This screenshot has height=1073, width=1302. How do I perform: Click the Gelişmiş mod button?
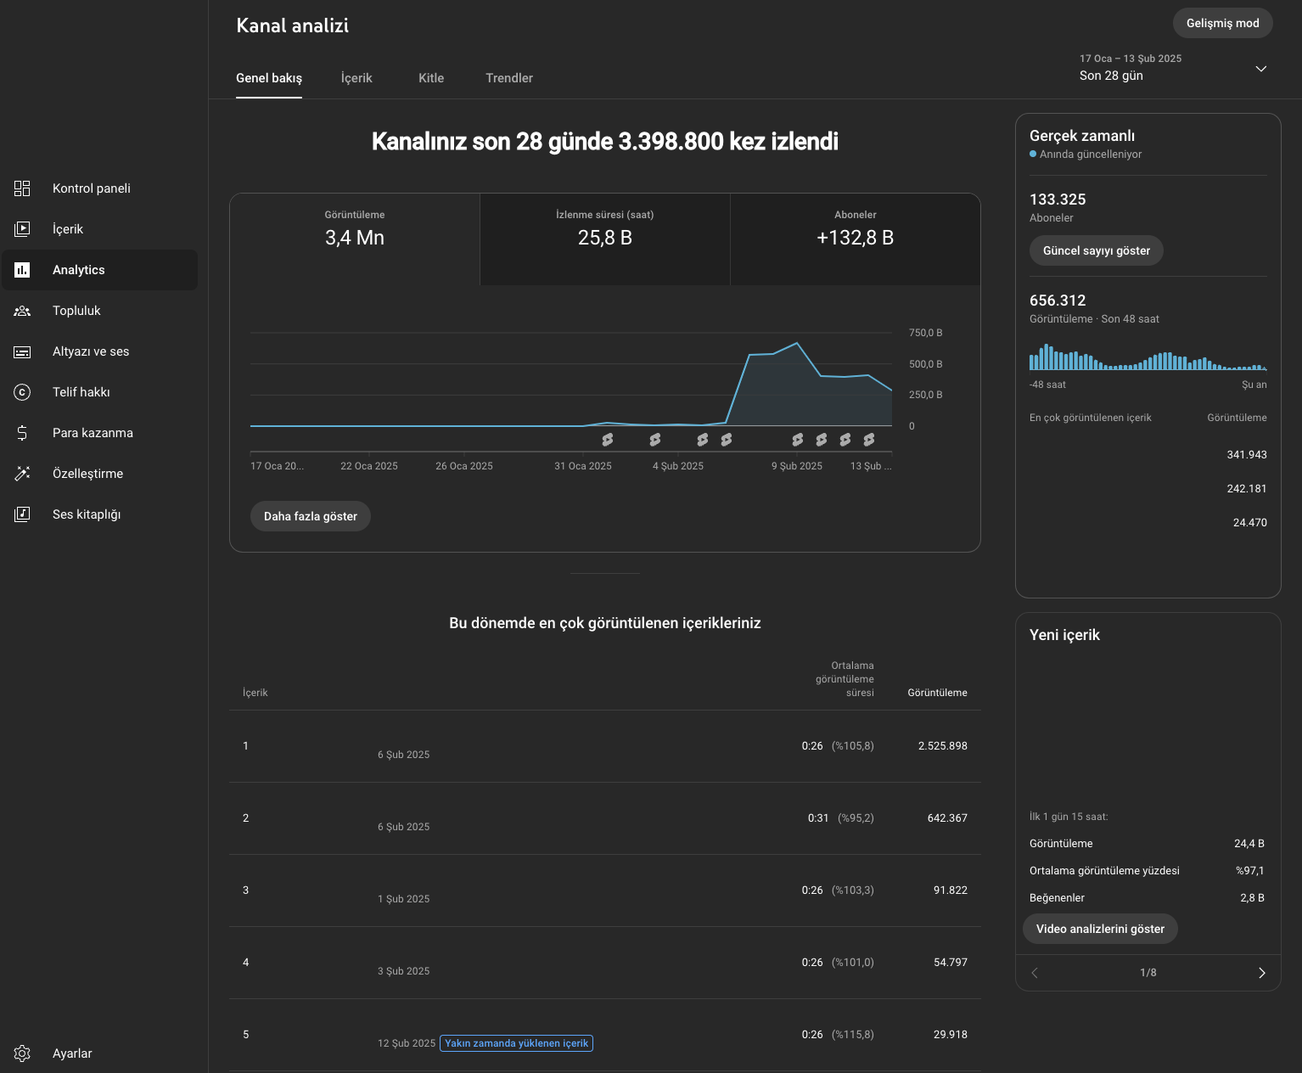click(x=1222, y=23)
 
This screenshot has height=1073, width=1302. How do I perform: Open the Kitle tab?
click(x=431, y=78)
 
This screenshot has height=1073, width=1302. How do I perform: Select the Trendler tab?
click(x=508, y=78)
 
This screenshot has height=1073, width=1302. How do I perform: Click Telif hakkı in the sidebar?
click(x=81, y=392)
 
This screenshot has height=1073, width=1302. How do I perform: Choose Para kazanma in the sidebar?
click(x=93, y=432)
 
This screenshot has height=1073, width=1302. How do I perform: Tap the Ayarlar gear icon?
click(x=22, y=1053)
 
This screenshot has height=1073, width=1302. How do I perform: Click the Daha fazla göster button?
click(x=311, y=516)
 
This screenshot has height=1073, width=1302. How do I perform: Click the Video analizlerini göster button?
click(x=1100, y=929)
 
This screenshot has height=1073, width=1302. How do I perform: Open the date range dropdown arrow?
click(x=1261, y=69)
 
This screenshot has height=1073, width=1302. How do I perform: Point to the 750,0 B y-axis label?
click(x=925, y=333)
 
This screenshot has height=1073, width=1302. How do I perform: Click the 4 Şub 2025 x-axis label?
click(x=678, y=466)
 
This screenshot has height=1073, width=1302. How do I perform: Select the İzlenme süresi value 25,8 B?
click(x=605, y=238)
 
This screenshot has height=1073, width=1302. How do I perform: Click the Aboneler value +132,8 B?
click(x=855, y=238)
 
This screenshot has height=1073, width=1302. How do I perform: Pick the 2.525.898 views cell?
click(x=943, y=745)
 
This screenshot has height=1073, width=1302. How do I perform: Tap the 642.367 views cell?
click(x=947, y=817)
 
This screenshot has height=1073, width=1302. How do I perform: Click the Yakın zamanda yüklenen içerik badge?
click(x=516, y=1043)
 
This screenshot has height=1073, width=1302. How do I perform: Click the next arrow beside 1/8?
click(x=1261, y=973)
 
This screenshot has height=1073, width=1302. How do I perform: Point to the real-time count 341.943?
click(x=1247, y=455)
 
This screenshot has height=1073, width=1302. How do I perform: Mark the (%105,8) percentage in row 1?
click(x=852, y=745)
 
